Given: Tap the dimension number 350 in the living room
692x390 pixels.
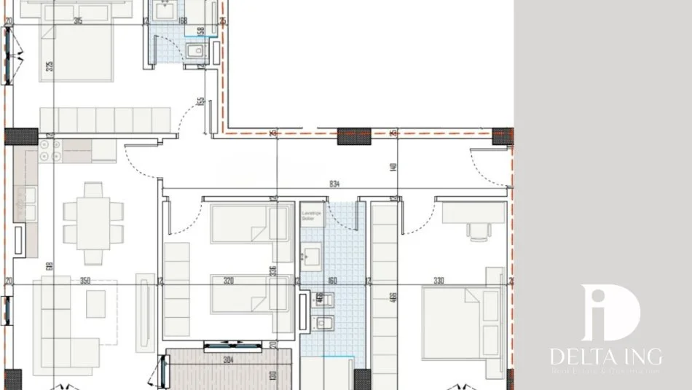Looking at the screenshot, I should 84,280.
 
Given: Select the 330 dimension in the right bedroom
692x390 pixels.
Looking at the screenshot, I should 439,280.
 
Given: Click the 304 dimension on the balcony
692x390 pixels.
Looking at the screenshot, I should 229,358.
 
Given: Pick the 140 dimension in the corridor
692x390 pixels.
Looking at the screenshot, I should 393,167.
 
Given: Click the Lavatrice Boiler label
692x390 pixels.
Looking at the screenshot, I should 311,216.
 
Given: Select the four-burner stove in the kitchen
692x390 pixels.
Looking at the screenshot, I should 50,150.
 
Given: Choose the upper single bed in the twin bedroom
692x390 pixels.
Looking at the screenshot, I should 250,224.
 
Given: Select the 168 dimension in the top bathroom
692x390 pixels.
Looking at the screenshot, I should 182,20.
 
